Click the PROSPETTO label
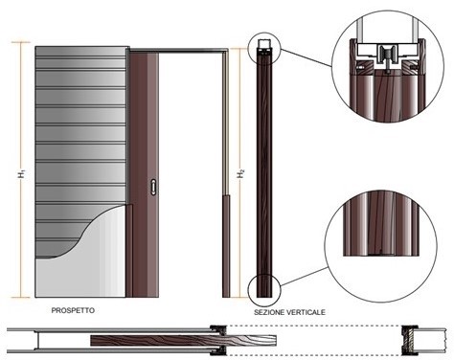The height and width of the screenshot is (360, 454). click(x=73, y=310)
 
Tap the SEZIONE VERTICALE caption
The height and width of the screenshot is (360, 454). click(x=289, y=312)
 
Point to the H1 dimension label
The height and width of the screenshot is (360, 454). click(x=22, y=174)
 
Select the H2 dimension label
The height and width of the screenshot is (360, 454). click(x=240, y=174)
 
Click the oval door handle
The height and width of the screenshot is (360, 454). click(x=153, y=187)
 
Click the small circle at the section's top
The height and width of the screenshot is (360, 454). click(x=264, y=49)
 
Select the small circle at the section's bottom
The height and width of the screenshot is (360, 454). click(x=264, y=290)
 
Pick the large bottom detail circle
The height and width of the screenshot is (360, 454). click(x=380, y=246)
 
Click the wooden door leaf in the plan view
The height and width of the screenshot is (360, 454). click(x=183, y=341)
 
